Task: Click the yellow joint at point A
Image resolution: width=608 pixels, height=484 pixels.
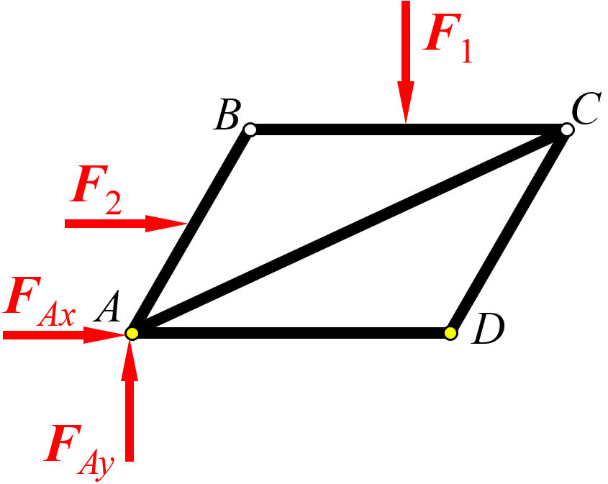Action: pos(132,333)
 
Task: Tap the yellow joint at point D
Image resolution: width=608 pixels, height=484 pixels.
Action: pos(450,333)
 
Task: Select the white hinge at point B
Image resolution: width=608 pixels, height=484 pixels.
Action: pos(250,129)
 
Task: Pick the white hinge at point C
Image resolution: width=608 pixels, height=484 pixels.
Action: pos(567,129)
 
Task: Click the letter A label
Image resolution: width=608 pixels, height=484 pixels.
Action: pos(106,307)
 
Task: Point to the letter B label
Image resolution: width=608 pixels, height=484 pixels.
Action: pos(227,114)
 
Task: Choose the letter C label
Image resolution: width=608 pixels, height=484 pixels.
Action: pos(586,109)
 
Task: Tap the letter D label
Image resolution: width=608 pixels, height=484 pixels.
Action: pos(488,329)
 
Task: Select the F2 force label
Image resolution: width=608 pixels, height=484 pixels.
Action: pos(96,190)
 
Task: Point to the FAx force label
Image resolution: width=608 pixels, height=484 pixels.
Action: pos(39,301)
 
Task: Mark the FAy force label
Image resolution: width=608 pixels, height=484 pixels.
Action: pos(78,451)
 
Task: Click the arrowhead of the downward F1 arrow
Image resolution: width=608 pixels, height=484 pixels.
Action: pos(406,102)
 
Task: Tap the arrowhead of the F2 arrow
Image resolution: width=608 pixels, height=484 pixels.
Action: pos(167,224)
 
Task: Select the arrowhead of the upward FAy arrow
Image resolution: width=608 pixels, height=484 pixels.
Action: pos(130,359)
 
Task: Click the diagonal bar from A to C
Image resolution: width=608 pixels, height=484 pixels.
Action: pos(349,232)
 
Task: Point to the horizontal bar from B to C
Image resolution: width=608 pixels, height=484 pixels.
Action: pos(409,129)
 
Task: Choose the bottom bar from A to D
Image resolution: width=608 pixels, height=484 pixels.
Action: pos(291,333)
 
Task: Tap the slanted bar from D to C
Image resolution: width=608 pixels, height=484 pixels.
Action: pos(509,232)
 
